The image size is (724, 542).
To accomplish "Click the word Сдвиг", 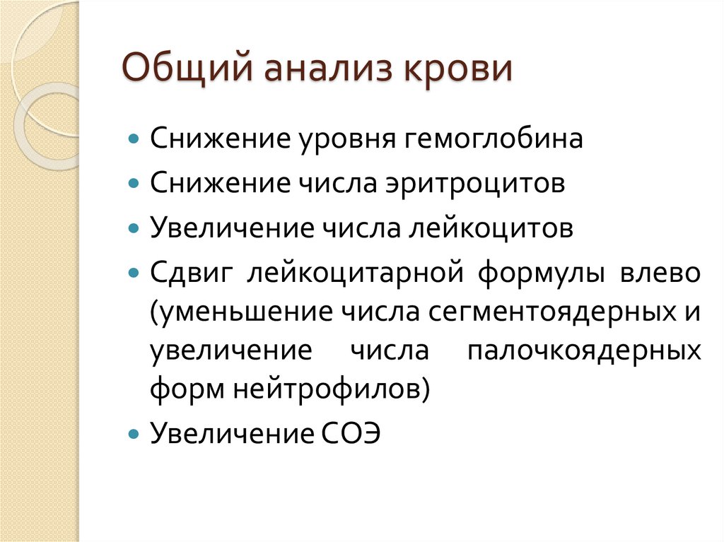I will point(192,273).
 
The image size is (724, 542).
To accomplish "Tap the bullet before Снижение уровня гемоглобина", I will point(134,138).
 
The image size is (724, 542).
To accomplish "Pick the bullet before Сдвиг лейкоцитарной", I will point(134,272).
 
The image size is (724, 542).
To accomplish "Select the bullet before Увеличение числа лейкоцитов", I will point(134,228).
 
